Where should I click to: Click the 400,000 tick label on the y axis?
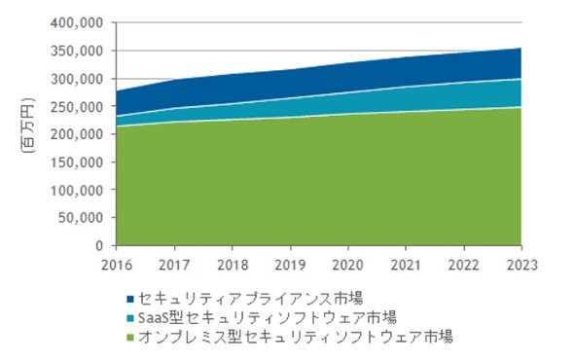[x=77, y=23]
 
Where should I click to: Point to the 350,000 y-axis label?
[x=77, y=51]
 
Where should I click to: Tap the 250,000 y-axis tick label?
[x=77, y=107]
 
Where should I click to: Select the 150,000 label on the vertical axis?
[x=77, y=162]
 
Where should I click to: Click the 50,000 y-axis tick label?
[x=81, y=218]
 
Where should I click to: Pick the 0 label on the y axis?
[x=99, y=246]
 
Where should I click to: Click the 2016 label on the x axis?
[x=117, y=265]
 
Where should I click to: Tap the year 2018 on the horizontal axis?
[x=233, y=265]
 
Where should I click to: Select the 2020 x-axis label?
[x=347, y=265]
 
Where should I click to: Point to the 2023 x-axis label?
[x=521, y=265]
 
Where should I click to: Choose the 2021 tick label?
[x=406, y=265]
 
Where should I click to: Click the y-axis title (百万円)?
[x=27, y=125]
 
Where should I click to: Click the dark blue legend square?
[x=130, y=300]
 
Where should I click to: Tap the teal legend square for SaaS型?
[x=130, y=318]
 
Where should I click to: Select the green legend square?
[x=130, y=338]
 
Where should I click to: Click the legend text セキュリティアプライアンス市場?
[x=251, y=299]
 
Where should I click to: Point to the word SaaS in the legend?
[x=153, y=318]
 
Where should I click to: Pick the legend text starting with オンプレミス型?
[x=296, y=337]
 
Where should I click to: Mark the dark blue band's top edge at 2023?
[x=521, y=48]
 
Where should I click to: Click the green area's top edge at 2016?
[x=117, y=126]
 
